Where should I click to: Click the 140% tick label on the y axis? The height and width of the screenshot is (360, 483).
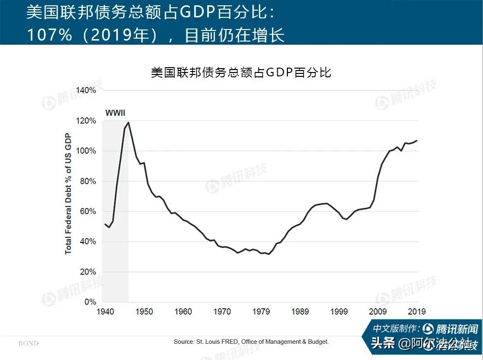pos(87,90)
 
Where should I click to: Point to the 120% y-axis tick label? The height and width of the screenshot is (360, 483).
pos(87,121)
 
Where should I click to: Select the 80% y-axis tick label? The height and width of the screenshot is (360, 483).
pos(89,181)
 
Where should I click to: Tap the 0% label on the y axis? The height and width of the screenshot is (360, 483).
pos(90,302)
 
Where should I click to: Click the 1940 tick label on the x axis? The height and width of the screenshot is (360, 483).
pos(105,312)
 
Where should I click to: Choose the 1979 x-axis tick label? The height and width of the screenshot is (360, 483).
pos(261,312)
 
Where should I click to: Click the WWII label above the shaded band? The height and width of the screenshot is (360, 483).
pos(115,113)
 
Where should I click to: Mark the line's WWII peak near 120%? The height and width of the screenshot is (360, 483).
pos(128,122)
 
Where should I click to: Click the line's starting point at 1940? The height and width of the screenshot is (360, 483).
pos(105,224)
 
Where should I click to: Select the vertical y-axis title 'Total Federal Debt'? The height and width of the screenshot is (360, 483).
pos(68,193)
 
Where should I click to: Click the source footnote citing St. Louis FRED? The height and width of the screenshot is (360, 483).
pos(251,342)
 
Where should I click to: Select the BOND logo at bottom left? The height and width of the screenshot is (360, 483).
pos(28,344)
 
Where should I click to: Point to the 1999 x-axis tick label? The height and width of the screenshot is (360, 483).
pos(340,312)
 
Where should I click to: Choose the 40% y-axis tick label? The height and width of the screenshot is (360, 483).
pos(89,242)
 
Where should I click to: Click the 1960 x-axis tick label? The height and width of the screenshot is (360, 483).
pos(184,312)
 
